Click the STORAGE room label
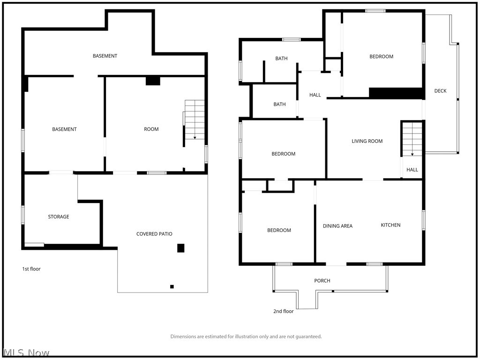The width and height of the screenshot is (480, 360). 59,217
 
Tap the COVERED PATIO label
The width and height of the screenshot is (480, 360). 154,234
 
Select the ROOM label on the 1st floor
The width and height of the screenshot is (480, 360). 151,129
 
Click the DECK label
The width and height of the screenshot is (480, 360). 440,91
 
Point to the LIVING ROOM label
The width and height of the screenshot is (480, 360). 367,141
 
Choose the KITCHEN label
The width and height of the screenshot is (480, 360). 390,225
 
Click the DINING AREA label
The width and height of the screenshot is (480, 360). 337,226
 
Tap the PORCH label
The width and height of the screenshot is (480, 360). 322,281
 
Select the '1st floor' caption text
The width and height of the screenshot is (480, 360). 31,269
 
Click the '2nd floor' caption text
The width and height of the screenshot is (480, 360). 283,311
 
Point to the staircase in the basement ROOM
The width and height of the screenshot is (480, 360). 195,120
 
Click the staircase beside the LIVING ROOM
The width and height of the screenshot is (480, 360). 412,139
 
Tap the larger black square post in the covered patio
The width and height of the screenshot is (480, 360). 180,248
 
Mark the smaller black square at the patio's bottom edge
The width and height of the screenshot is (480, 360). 172,286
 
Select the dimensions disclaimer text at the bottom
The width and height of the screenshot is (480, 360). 246,337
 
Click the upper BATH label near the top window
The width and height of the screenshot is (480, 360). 281,59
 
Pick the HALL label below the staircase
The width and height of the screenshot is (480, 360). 412,170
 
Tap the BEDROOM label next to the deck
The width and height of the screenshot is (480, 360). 381,57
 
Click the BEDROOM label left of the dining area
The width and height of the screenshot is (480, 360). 279,230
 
